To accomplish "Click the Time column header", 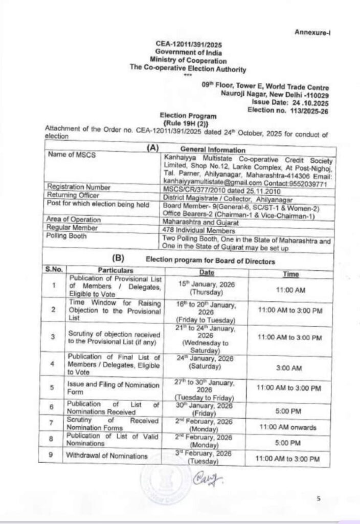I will [x=291, y=274].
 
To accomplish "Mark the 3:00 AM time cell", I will [x=290, y=367].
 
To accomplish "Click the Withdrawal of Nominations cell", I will [x=106, y=455].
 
